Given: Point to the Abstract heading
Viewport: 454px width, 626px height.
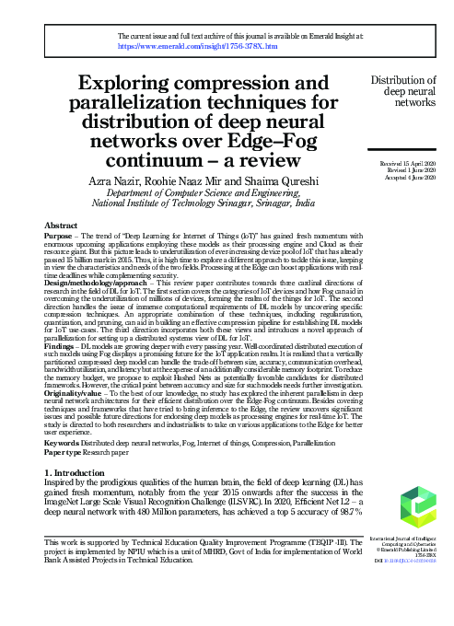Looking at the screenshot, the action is point(62,226).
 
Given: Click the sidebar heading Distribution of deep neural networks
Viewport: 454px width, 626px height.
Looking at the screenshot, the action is point(403,93).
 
